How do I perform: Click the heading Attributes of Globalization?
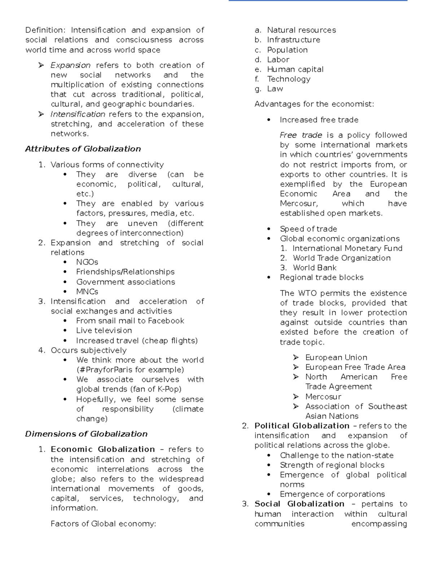[x=83, y=149]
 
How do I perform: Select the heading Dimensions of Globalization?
[x=86, y=434]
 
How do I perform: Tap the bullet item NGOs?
[x=87, y=262]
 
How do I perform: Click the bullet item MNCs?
[x=87, y=292]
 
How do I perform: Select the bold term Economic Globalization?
[x=102, y=449]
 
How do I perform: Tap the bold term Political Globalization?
[x=302, y=426]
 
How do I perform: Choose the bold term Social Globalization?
[x=299, y=504]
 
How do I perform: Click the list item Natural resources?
[x=301, y=30]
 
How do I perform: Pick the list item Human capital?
[x=295, y=69]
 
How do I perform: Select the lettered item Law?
[x=275, y=89]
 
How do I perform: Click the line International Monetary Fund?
[x=347, y=248]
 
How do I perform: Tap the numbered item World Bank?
[x=314, y=268]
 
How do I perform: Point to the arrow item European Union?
[x=336, y=357]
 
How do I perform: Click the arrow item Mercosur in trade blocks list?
[x=323, y=397]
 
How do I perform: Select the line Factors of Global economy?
[x=103, y=524]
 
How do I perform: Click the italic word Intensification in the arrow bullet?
[x=78, y=114]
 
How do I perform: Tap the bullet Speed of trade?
[x=308, y=229]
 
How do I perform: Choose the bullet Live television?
[x=104, y=331]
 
